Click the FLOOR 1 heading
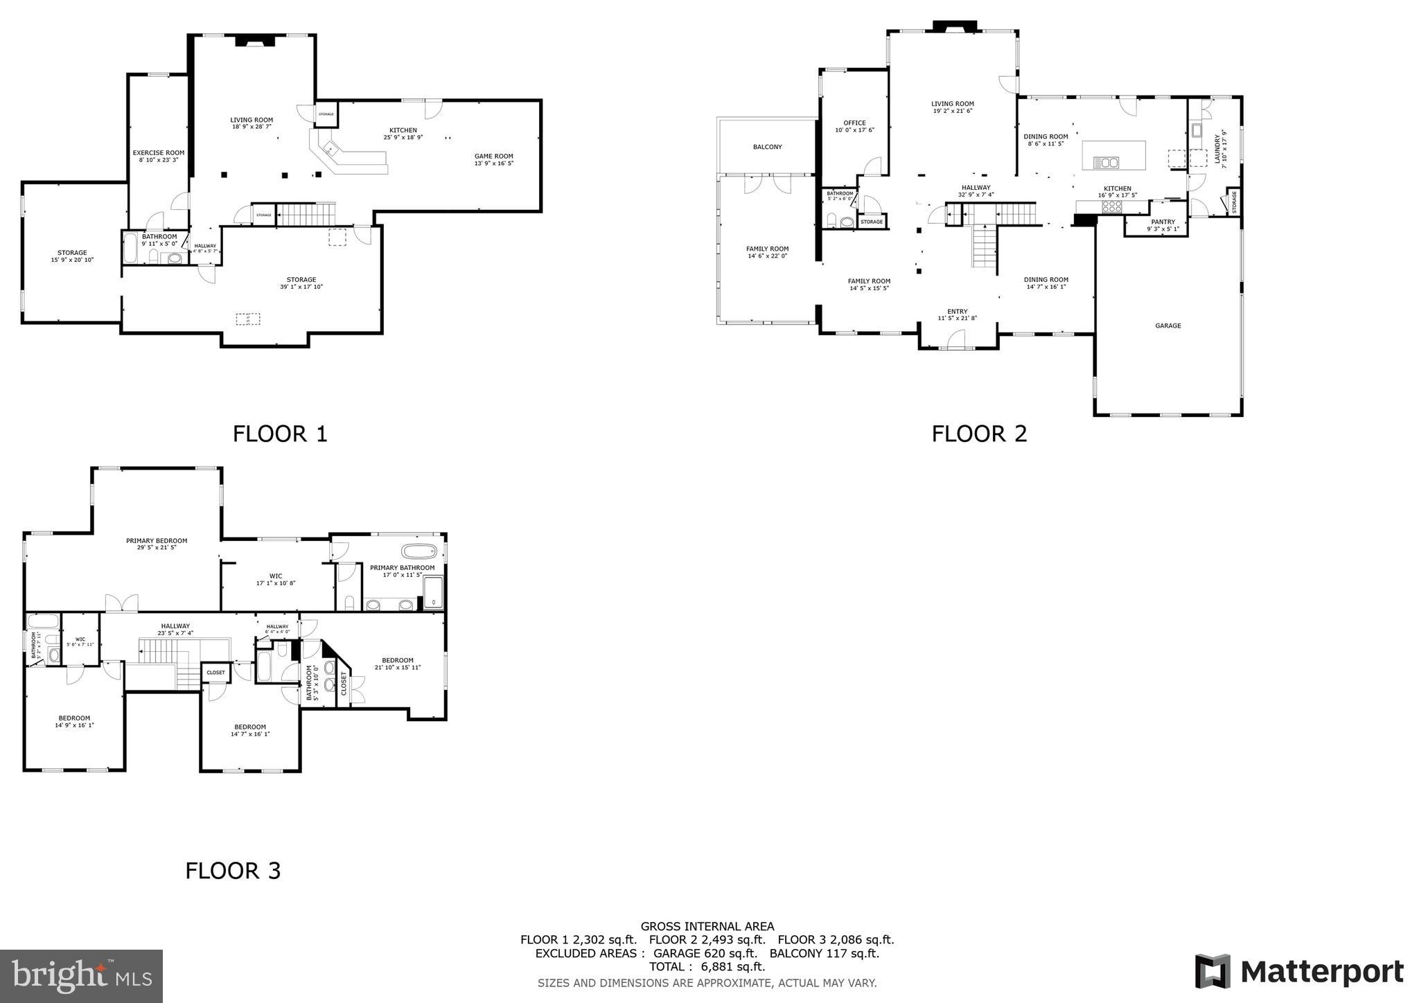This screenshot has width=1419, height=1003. pos(279,434)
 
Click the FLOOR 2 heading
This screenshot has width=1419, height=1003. pos(979,434)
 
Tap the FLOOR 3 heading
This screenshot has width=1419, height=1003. pos(233,871)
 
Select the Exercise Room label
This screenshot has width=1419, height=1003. pos(159,156)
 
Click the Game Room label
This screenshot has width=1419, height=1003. pos(493,159)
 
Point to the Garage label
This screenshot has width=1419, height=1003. pos(1167,326)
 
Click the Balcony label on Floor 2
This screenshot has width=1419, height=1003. pos(767,147)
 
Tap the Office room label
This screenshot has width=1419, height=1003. pos(854,126)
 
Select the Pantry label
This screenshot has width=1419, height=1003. pos(1163,225)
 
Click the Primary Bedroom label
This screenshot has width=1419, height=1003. pos(157,544)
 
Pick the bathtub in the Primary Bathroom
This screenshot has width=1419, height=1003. pos(420,552)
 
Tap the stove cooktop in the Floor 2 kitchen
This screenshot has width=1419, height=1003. pos(1112,206)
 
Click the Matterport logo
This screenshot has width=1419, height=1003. pos(1299,971)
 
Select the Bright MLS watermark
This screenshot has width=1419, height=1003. pos(81,976)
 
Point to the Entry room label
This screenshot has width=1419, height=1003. pos(957,314)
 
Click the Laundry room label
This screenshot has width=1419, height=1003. pos(1219,147)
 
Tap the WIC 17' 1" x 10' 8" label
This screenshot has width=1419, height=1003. pos(275,579)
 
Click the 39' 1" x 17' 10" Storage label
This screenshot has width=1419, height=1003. pos(301,283)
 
